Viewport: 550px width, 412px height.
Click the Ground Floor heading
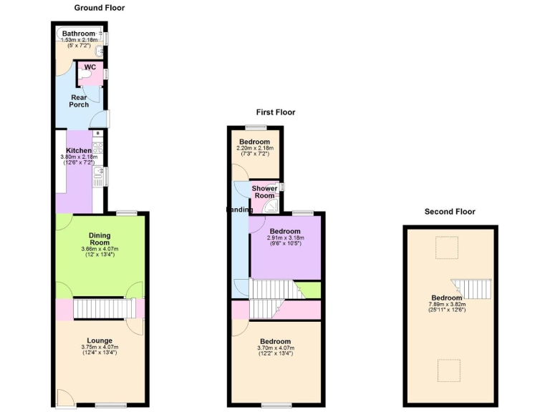(99, 8)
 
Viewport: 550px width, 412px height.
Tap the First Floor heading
(276, 112)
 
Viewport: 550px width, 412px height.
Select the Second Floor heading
(450, 212)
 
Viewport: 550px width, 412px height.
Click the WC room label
(90, 67)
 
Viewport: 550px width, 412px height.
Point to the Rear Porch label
(79, 101)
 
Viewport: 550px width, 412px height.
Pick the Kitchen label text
(79, 151)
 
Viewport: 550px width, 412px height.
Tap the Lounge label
(100, 340)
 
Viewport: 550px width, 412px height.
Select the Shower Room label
(264, 192)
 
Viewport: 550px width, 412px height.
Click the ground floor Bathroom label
(78, 33)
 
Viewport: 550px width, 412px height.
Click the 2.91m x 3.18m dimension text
(285, 238)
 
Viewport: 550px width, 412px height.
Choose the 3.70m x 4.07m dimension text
(276, 348)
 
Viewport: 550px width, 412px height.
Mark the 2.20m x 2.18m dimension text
(254, 148)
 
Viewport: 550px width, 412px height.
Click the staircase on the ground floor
(105, 309)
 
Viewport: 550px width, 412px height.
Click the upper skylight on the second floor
(448, 247)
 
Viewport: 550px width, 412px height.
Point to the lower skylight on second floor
(448, 371)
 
